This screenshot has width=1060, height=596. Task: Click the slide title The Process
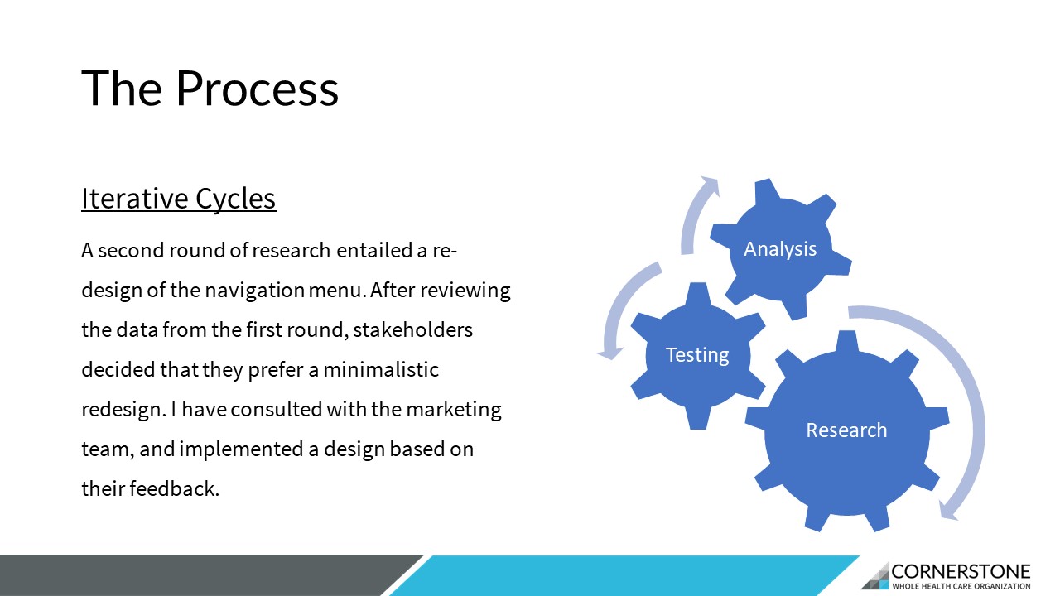(x=210, y=89)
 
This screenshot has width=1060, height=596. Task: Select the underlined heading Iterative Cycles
(x=179, y=199)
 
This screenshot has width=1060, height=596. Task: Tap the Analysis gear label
(x=780, y=249)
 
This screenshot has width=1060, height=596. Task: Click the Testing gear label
(x=697, y=355)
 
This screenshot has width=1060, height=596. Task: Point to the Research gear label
(x=846, y=430)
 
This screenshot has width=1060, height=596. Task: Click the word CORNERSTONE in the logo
(x=961, y=572)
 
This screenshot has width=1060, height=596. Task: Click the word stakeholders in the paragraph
(x=412, y=330)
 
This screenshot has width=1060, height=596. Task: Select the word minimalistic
(x=381, y=370)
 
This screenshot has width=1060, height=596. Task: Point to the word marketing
(x=454, y=410)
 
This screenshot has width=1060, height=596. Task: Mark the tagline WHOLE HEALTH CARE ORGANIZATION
(x=961, y=587)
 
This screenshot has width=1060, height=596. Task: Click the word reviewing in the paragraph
(x=465, y=291)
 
